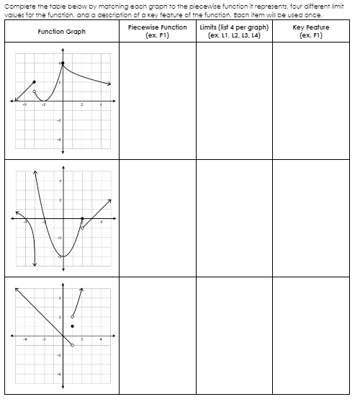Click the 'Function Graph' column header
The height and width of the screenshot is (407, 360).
point(61,32)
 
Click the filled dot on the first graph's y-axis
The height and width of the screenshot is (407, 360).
point(62,63)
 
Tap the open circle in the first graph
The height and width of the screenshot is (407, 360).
point(34,91)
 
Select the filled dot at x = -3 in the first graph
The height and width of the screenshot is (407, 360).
point(34,82)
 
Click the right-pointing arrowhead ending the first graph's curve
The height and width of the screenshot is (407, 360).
point(110,85)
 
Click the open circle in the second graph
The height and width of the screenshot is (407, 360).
point(81,228)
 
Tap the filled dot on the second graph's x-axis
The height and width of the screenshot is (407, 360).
point(81,218)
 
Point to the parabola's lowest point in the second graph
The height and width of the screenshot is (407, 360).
point(62,256)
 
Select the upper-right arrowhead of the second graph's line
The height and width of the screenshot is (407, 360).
point(110,200)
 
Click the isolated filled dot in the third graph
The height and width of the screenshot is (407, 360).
point(72,326)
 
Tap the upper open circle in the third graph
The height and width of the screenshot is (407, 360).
point(72,316)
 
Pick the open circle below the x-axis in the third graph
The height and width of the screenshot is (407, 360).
point(72,345)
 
